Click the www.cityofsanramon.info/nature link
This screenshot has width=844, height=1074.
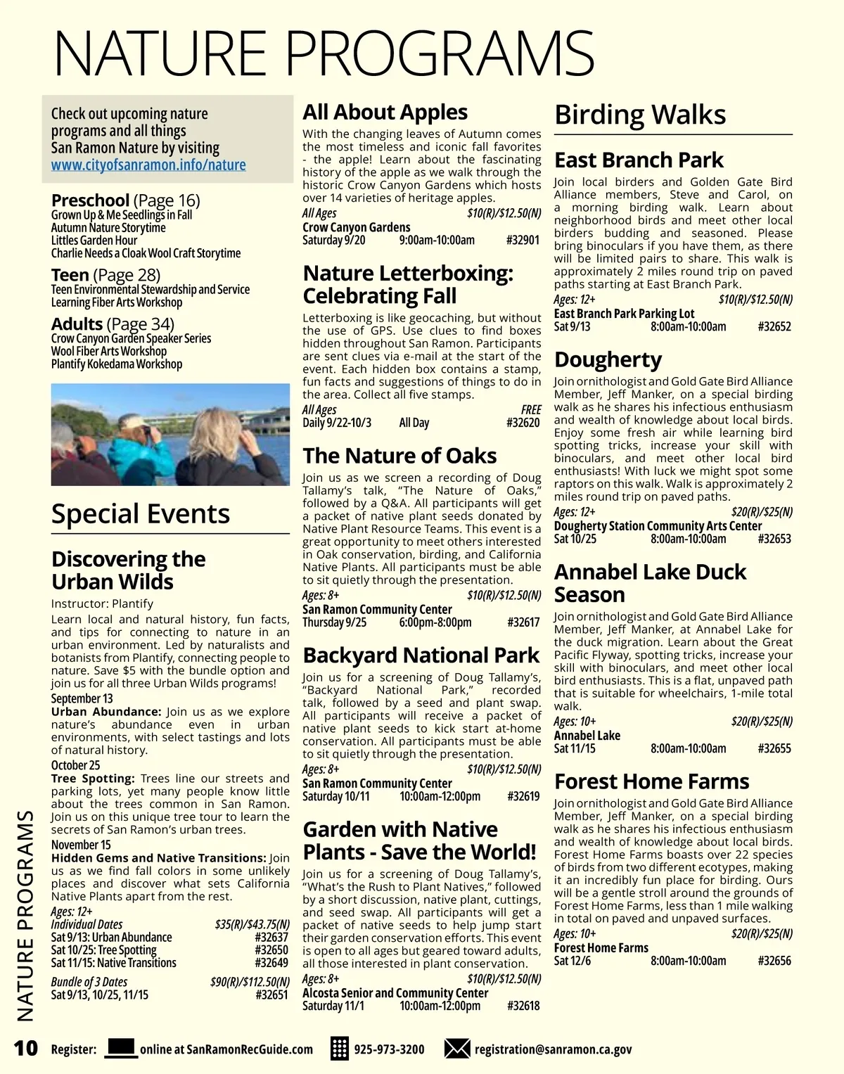148,165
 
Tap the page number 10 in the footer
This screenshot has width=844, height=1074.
25,1048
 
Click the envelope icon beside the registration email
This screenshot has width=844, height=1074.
457,1049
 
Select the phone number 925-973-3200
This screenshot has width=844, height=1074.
389,1049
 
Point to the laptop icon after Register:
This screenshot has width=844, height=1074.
120,1048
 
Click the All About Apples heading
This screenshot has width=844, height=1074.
385,113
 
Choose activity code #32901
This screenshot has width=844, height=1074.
523,241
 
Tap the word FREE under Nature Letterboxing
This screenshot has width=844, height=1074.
531,409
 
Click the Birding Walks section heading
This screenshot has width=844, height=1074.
640,115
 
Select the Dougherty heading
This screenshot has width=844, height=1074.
608,359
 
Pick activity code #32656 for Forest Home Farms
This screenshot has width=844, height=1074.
774,961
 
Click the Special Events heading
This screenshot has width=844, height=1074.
141,514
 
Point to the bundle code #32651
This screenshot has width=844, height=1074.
271,995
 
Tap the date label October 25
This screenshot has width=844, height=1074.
75,765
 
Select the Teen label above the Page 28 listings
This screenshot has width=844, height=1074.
70,275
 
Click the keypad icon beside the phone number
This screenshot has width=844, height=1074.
340,1049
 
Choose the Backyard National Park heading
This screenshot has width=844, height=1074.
421,656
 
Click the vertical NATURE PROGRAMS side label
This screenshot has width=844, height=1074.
25,914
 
